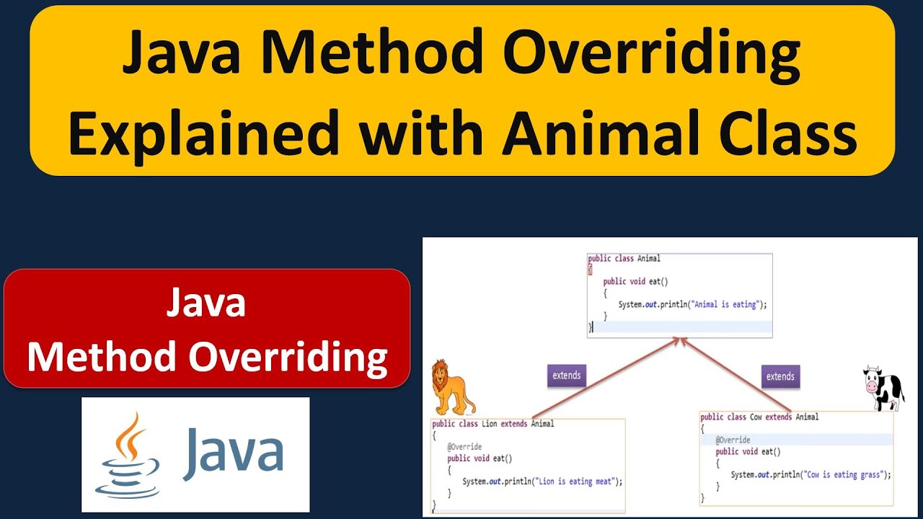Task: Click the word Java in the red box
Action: (x=206, y=303)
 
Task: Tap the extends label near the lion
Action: (x=567, y=376)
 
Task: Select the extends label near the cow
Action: (x=780, y=376)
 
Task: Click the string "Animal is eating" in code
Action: (x=725, y=304)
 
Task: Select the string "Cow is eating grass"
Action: (x=848, y=474)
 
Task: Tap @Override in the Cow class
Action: (x=733, y=440)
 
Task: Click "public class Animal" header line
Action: (x=624, y=258)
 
